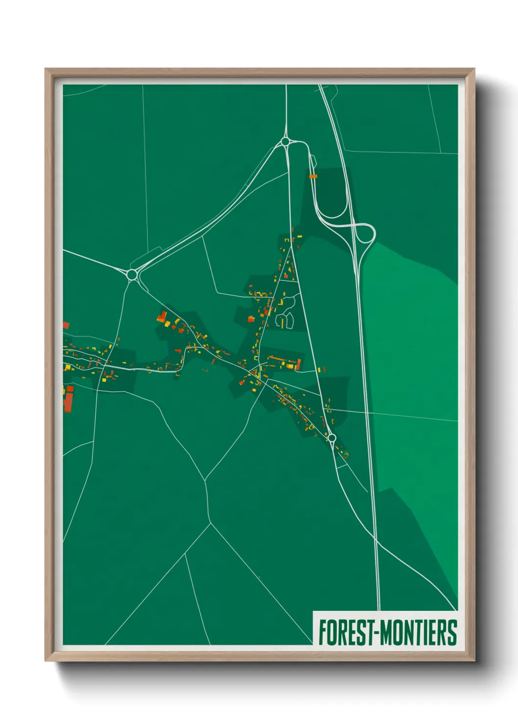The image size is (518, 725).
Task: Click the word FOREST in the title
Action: pyautogui.click(x=345, y=632)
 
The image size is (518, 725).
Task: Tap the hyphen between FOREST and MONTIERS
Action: pyautogui.click(x=376, y=632)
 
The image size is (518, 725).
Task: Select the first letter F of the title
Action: pyautogui.click(x=323, y=632)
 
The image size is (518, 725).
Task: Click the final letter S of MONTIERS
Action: pyautogui.click(x=452, y=632)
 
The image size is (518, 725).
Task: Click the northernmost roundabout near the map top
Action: pyautogui.click(x=285, y=142)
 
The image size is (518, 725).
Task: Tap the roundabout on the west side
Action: pyautogui.click(x=132, y=274)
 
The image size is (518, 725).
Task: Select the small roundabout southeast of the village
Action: pyautogui.click(x=331, y=437)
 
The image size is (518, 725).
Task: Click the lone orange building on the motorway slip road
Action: pyautogui.click(x=313, y=175)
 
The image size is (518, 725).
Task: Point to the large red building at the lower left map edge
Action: pyautogui.click(x=69, y=399)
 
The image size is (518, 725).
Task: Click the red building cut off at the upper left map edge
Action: pyautogui.click(x=66, y=325)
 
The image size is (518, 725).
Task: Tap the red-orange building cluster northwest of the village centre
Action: pyautogui.click(x=163, y=317)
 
